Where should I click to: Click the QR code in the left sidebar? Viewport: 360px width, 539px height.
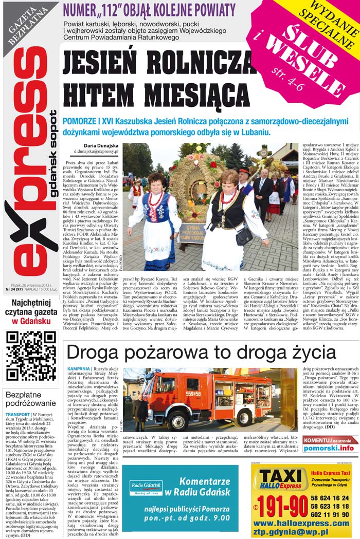(31, 356)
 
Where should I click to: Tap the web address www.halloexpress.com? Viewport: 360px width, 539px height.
(301, 523)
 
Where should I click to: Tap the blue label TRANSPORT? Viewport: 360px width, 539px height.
(18, 414)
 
